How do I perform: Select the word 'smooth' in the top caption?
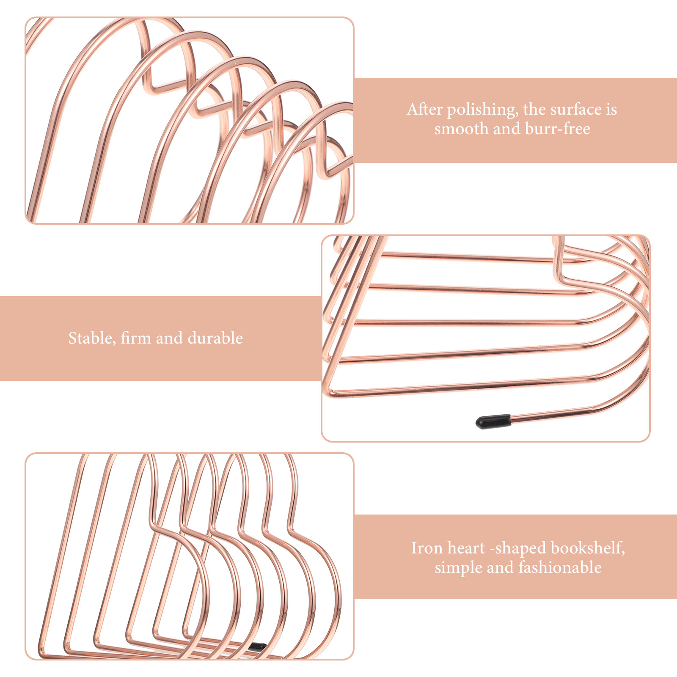[x=461, y=128]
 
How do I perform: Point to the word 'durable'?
[x=215, y=338]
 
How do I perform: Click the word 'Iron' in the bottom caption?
[x=427, y=548]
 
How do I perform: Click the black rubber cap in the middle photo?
[x=493, y=421]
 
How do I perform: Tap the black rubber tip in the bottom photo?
[x=257, y=646]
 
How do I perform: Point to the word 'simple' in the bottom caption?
[x=458, y=568]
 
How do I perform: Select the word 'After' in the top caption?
[x=424, y=109]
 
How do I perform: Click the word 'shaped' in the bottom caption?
[x=518, y=548]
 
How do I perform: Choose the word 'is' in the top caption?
[x=612, y=110]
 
